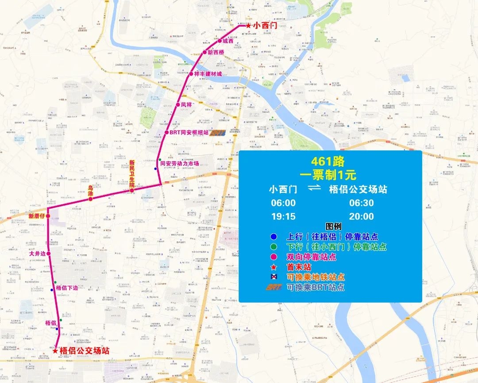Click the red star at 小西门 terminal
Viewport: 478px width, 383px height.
[x=248, y=26]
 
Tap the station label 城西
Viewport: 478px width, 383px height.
[x=228, y=41]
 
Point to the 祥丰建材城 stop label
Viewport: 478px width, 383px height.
[x=208, y=74]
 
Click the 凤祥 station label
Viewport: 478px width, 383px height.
[x=186, y=105]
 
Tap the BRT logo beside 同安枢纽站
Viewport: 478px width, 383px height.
[x=218, y=132]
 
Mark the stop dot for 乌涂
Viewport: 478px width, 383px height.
[x=90, y=199]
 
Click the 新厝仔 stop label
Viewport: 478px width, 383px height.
[x=37, y=216]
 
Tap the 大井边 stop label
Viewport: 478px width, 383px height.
[x=37, y=254]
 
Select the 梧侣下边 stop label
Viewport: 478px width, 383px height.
[x=66, y=288]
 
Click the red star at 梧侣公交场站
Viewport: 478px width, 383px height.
[x=55, y=351]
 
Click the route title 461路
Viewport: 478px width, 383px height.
[x=328, y=162]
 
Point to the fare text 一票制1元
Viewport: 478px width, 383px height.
[x=328, y=175]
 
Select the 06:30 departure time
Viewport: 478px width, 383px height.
[x=361, y=203]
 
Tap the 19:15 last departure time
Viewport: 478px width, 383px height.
[x=283, y=216]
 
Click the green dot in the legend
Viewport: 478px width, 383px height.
[x=274, y=247]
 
